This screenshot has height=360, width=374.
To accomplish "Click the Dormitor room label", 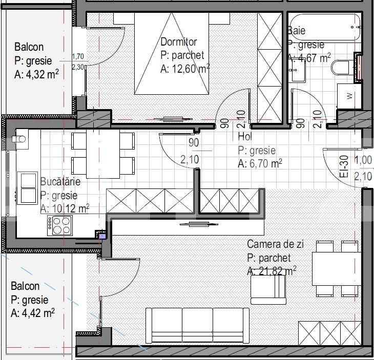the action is coord(179,41).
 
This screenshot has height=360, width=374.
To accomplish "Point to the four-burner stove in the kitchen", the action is coord(60,225).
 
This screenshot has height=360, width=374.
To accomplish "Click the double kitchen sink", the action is coord(28,188).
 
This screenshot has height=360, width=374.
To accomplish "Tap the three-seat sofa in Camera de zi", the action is coord(197,325).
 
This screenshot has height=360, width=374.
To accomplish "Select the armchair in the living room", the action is coord(268,289).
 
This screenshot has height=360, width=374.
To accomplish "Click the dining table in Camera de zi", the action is coord(337,268).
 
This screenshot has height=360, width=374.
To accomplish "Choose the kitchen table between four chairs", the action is coord(103,154).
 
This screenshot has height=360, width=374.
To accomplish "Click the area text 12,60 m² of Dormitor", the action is coord(185,69).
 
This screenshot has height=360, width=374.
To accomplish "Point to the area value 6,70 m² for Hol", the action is coord(260,164).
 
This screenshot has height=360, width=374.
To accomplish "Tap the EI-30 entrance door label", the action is coord(344,166).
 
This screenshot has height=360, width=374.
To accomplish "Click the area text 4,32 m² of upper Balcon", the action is coord(36,74).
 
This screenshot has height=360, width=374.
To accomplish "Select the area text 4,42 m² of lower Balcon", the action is coord(33,313).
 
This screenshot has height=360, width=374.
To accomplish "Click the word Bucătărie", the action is coord(60,182).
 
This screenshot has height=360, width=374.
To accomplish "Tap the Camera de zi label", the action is coord(276,244).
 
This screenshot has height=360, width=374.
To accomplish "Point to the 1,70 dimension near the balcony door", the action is coord(78,56).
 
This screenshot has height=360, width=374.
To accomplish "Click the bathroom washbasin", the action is coord(297,71).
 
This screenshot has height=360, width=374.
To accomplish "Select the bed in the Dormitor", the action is coord(172,54).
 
